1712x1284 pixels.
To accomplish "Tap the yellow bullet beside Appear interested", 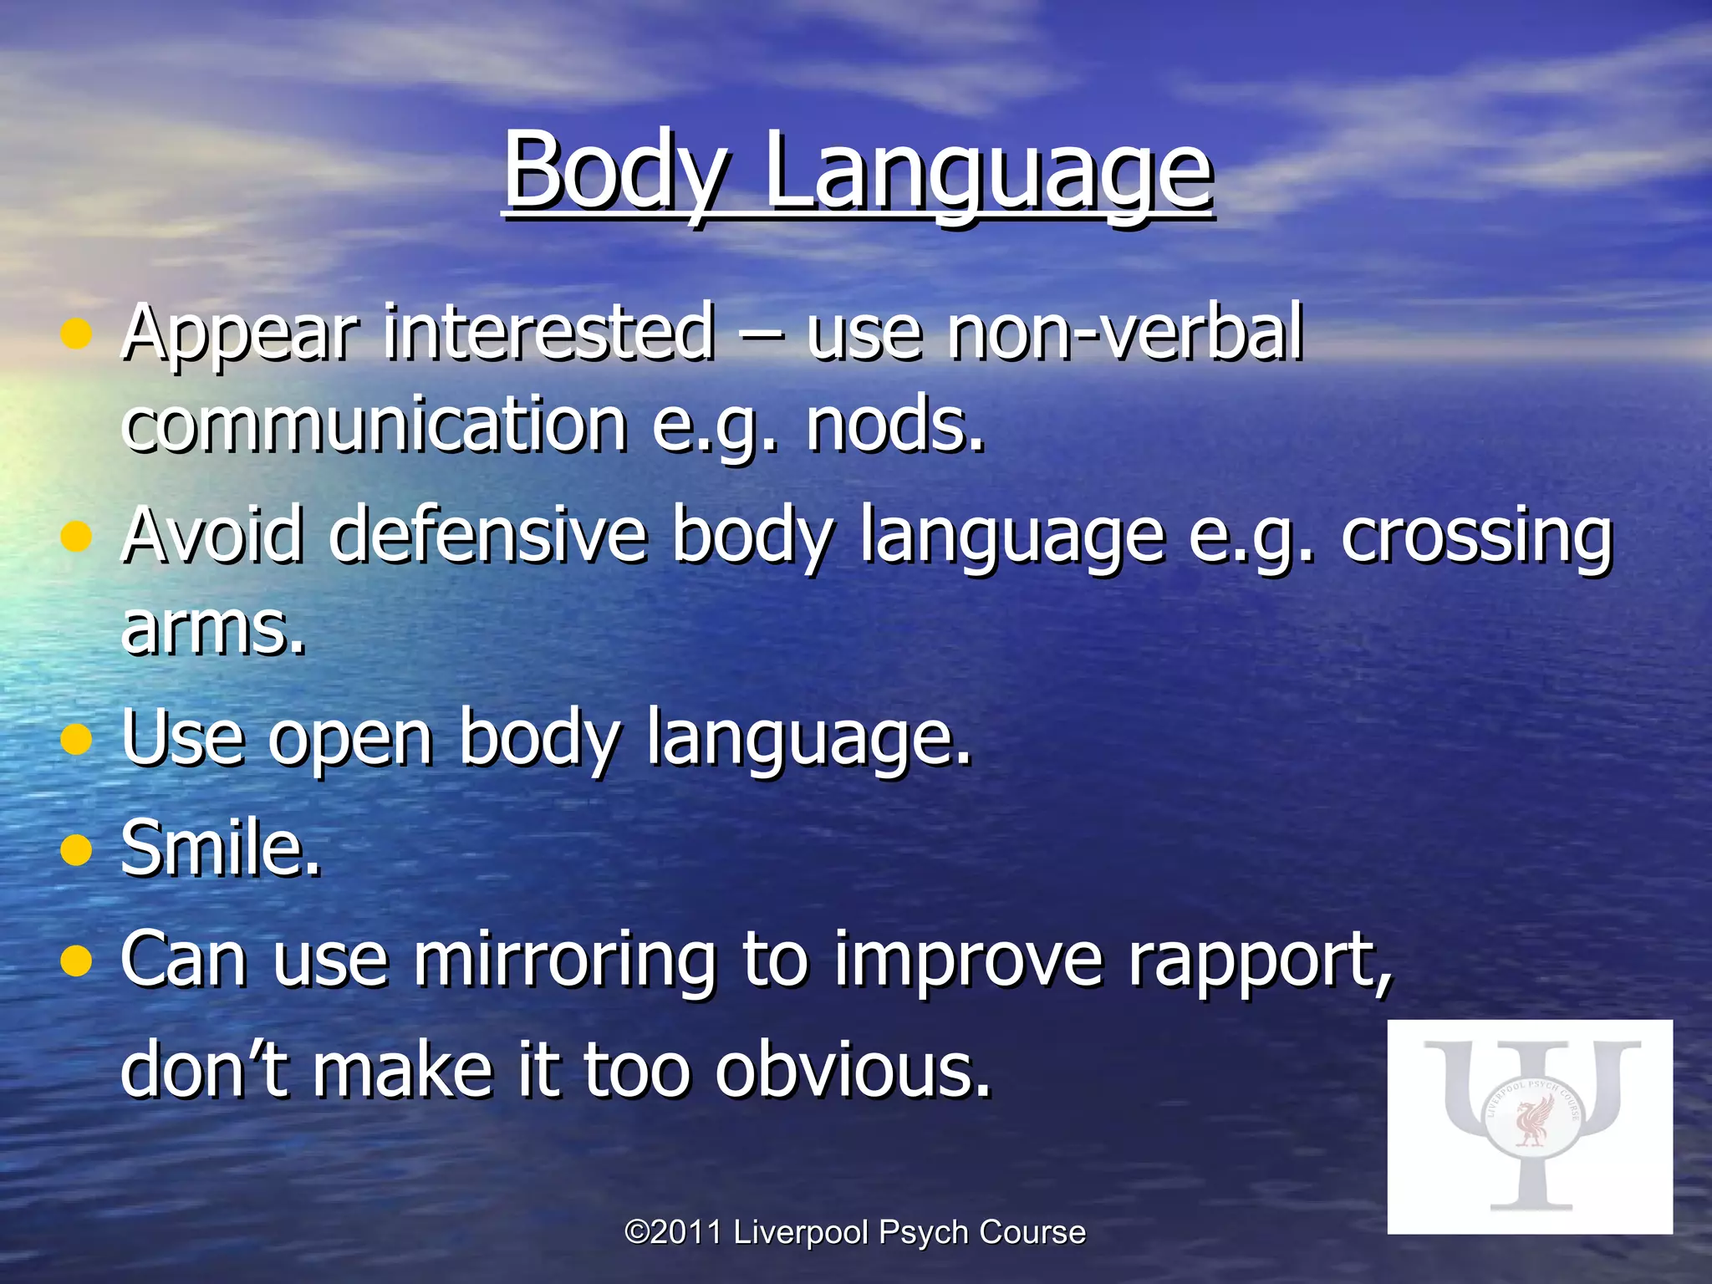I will pyautogui.click(x=76, y=334).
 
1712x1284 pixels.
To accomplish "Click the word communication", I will pyautogui.click(x=374, y=426).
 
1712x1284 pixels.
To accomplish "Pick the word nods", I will pyautogui.click(x=894, y=426).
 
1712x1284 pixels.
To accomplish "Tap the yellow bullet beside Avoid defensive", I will pyautogui.click(x=76, y=537).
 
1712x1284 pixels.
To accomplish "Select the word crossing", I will pyautogui.click(x=1476, y=537).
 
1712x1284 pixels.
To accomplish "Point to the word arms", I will pyautogui.click(x=213, y=629).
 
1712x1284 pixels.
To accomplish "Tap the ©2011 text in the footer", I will pyautogui.click(x=673, y=1232).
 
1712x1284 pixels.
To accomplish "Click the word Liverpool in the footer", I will pyautogui.click(x=802, y=1232).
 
